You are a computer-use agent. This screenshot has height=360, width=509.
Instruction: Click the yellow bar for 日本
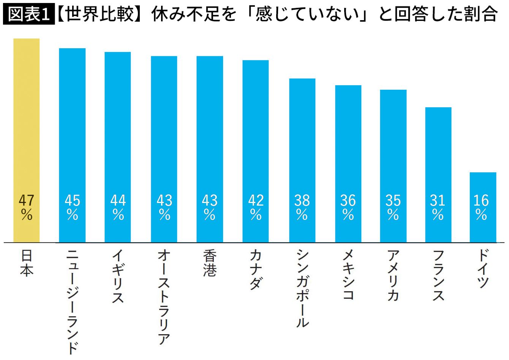coord(26,140)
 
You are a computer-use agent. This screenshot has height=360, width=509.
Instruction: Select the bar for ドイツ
coord(483,208)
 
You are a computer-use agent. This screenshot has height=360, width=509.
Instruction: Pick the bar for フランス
coord(438,175)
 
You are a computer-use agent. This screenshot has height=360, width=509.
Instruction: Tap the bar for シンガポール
coord(302,160)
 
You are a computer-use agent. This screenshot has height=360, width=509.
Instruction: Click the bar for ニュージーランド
coord(72,145)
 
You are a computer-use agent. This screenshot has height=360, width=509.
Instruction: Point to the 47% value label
coord(27,208)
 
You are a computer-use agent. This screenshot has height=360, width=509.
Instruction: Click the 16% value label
coord(481,208)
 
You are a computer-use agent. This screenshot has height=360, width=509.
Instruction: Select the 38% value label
coord(302,208)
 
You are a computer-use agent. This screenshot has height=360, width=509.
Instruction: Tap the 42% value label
coord(256,208)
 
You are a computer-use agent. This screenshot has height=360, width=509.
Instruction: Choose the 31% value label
coord(438,208)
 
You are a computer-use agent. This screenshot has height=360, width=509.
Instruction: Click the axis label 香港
coord(210,263)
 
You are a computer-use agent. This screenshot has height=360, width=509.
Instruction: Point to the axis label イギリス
coord(118,276)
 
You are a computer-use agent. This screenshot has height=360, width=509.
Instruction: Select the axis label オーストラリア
coord(164,297)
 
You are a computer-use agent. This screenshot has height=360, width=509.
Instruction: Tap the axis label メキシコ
coord(348,274)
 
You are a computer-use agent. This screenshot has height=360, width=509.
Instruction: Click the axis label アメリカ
coord(394,275)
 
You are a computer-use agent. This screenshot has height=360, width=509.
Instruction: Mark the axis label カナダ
coord(256,270)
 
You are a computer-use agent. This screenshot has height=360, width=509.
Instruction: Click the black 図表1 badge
coord(29,14)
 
